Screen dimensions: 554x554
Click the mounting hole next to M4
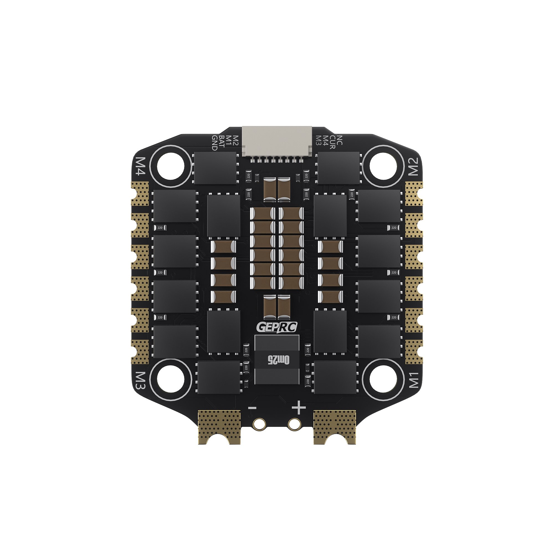tap(171, 166)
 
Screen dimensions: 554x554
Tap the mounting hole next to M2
tap(383, 166)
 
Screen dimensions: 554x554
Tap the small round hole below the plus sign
tap(294, 424)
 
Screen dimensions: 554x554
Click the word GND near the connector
tap(214, 143)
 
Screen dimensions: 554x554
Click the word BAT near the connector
tap(221, 142)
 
